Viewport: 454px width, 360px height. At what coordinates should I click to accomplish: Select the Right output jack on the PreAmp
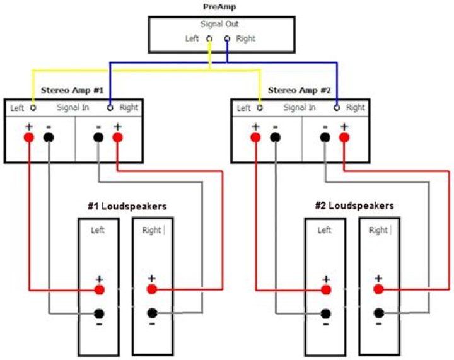coord(227,39)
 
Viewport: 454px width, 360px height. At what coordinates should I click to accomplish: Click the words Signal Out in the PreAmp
coord(219,25)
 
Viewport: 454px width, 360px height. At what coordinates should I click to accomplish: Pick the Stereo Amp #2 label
coord(299,90)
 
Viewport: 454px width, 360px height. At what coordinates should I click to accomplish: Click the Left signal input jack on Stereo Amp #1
coord(33,107)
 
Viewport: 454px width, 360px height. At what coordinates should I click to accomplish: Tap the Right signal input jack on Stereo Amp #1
coord(110,107)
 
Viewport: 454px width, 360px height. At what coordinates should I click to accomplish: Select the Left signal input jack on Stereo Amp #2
coord(260,107)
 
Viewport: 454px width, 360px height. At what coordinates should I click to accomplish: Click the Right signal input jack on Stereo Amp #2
coord(337,107)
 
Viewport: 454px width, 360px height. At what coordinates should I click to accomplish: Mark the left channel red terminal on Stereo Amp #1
coord(28,137)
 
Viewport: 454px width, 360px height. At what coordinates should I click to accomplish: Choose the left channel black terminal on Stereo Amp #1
coord(49,137)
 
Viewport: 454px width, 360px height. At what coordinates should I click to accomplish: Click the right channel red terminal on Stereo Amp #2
coord(344,137)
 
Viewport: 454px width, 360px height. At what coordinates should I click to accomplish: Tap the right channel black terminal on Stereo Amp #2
coord(324,137)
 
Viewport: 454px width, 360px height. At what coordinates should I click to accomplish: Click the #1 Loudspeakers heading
coord(127,206)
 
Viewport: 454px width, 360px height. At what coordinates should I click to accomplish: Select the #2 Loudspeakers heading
coord(354,206)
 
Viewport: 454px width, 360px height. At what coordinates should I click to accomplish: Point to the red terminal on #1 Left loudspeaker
coord(99,289)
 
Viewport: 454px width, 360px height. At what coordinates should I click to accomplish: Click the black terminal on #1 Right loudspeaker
coord(151,313)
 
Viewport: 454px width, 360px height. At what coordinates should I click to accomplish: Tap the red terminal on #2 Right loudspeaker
coord(378,289)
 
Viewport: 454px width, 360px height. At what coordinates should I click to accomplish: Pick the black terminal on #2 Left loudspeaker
coord(325,313)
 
